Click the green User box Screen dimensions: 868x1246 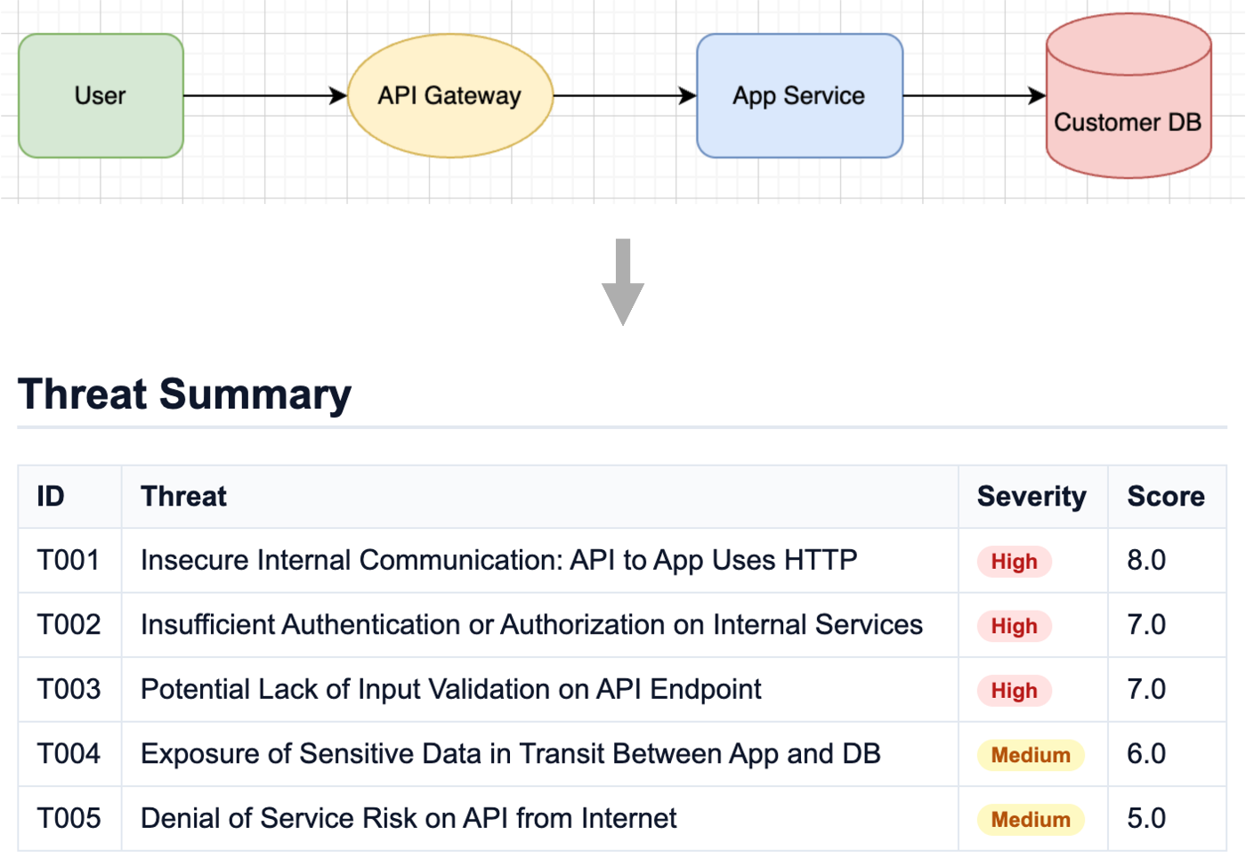coord(101,96)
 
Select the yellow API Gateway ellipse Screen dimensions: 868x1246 coord(449,96)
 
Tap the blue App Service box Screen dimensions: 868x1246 coord(799,96)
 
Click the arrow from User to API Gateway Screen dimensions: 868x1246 coord(264,95)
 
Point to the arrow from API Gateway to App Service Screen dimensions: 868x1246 coord(624,95)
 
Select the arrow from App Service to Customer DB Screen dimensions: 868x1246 coord(974,95)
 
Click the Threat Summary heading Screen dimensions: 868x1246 coord(184,394)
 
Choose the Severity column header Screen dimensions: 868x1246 coord(1032,496)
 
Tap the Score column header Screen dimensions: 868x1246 coord(1166,496)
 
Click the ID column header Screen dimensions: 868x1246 coord(51,496)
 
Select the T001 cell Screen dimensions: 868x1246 coord(69,560)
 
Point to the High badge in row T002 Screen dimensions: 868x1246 coord(1014,626)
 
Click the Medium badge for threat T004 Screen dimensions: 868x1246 coord(1031,755)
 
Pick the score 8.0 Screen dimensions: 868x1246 coord(1146,560)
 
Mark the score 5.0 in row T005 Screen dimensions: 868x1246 coord(1146,818)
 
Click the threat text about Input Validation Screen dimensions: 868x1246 coord(450,689)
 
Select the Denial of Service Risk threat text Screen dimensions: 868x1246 coord(409,818)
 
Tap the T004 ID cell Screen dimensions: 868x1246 coord(69,754)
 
